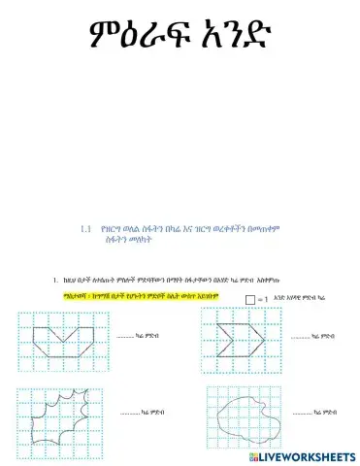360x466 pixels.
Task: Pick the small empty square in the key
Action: tap(252, 299)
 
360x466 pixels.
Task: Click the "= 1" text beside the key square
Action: tap(268, 300)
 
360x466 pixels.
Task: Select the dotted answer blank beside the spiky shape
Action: tap(132, 412)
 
